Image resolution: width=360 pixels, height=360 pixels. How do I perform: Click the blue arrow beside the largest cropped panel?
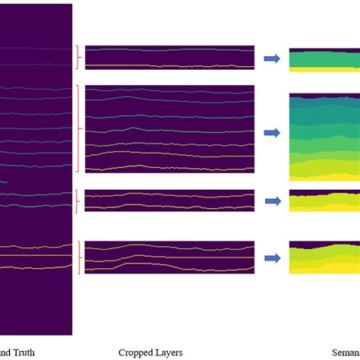(271, 133)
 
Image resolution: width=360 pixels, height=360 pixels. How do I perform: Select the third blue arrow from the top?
(271, 201)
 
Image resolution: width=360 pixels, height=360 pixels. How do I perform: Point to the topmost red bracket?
(77, 58)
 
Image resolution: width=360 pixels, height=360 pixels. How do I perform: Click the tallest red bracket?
(77, 118)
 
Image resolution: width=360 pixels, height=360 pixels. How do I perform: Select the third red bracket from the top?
(77, 201)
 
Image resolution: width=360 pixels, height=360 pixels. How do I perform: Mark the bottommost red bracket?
(77, 257)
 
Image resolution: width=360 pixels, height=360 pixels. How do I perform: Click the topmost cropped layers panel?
(169, 58)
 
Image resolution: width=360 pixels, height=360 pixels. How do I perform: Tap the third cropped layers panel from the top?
(169, 200)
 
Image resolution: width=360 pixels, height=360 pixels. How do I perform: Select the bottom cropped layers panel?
(169, 257)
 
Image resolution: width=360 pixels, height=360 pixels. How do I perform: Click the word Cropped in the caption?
(135, 352)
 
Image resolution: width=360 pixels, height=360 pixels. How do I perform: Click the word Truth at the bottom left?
(22, 352)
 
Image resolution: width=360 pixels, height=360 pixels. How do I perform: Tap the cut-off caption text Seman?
(346, 352)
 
